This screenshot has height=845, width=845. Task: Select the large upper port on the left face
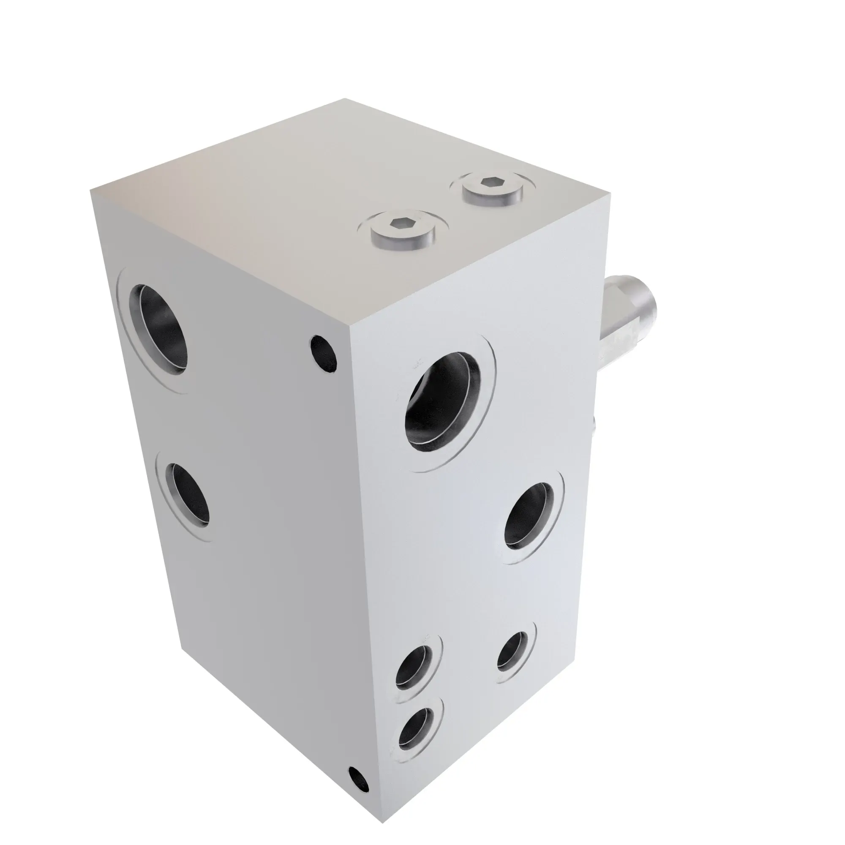(158, 327)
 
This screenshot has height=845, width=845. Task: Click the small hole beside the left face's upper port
(324, 353)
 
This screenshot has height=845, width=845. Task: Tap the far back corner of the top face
(346, 99)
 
